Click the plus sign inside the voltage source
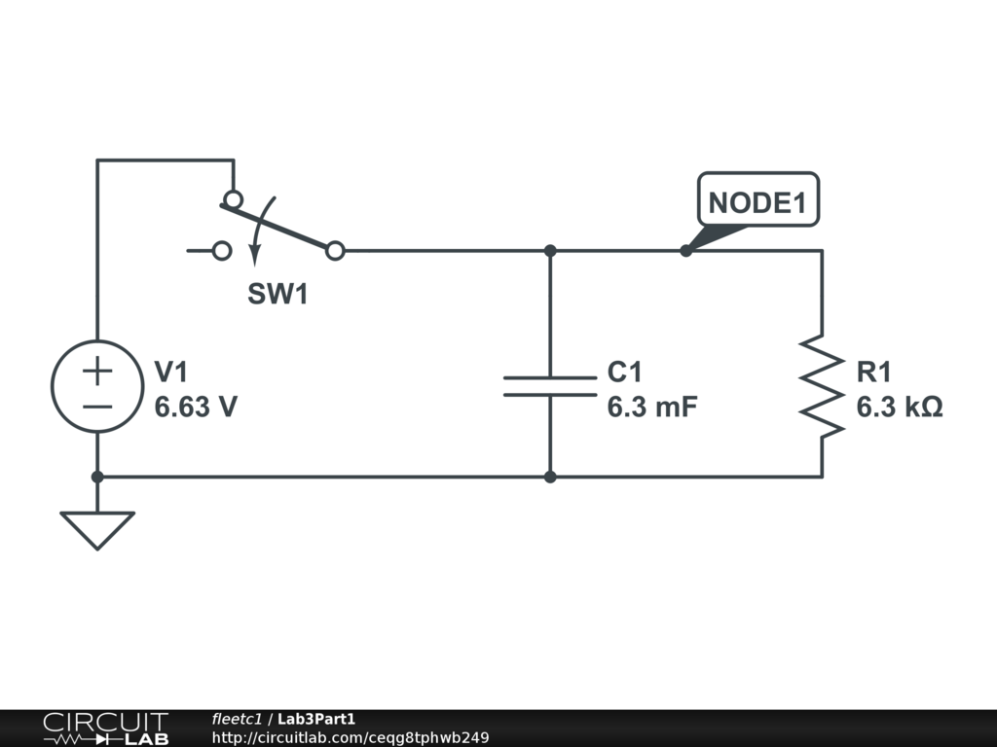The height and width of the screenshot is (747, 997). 97,371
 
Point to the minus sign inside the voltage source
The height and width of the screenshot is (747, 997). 97,407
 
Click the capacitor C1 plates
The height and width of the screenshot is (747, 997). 550,386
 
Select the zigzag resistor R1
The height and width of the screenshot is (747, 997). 822,386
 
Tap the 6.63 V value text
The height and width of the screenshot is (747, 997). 196,407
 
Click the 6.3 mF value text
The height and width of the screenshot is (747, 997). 651,407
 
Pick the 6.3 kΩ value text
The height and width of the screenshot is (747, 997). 899,407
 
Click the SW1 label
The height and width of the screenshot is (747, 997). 277,294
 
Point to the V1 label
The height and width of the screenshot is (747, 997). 171,372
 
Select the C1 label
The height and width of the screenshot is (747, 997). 624,372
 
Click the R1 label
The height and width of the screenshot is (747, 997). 873,372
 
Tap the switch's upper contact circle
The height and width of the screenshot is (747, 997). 234,192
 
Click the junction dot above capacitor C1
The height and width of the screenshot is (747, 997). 550,251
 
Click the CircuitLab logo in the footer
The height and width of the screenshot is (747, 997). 106,728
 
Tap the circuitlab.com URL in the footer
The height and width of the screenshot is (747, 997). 351,737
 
